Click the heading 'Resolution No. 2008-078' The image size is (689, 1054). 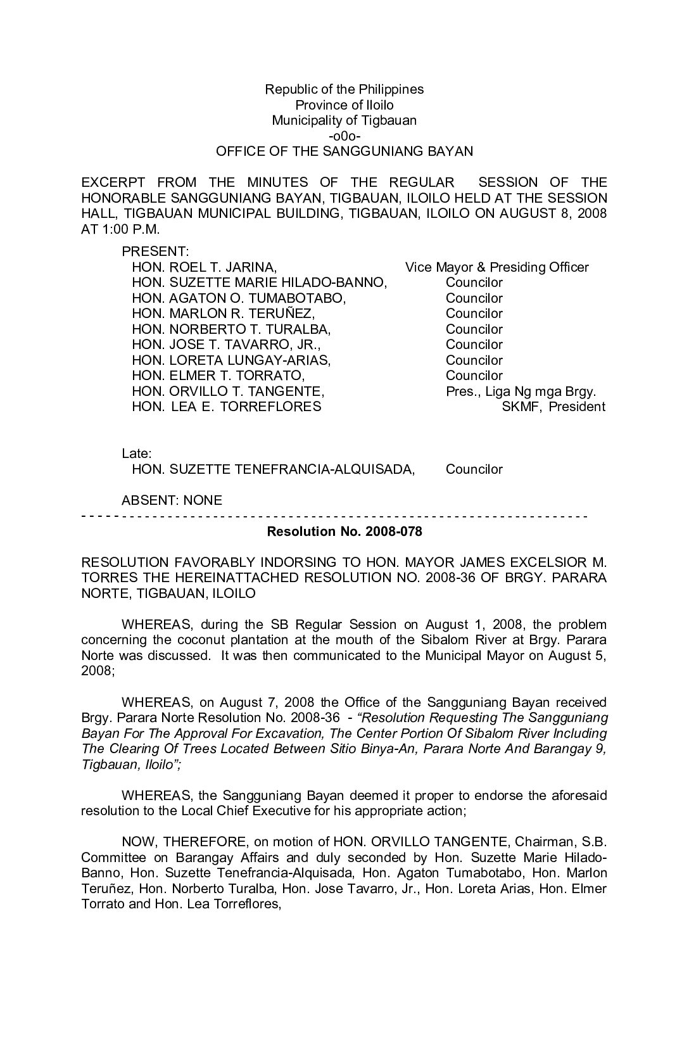(x=344, y=531)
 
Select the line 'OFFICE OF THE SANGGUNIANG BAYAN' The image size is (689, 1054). (x=344, y=151)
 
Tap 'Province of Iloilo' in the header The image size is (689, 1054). (x=344, y=105)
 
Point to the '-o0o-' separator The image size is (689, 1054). (x=344, y=136)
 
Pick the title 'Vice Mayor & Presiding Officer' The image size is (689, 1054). (x=496, y=267)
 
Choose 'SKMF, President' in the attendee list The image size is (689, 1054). (x=553, y=407)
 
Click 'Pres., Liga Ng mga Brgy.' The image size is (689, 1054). (x=521, y=391)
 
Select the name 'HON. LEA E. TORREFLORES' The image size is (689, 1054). (x=226, y=407)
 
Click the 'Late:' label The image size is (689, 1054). (x=137, y=454)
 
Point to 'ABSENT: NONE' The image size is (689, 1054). (x=172, y=500)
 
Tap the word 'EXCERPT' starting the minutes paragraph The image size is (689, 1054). (x=113, y=182)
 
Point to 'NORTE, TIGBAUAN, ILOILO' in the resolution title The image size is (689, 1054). (x=168, y=594)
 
